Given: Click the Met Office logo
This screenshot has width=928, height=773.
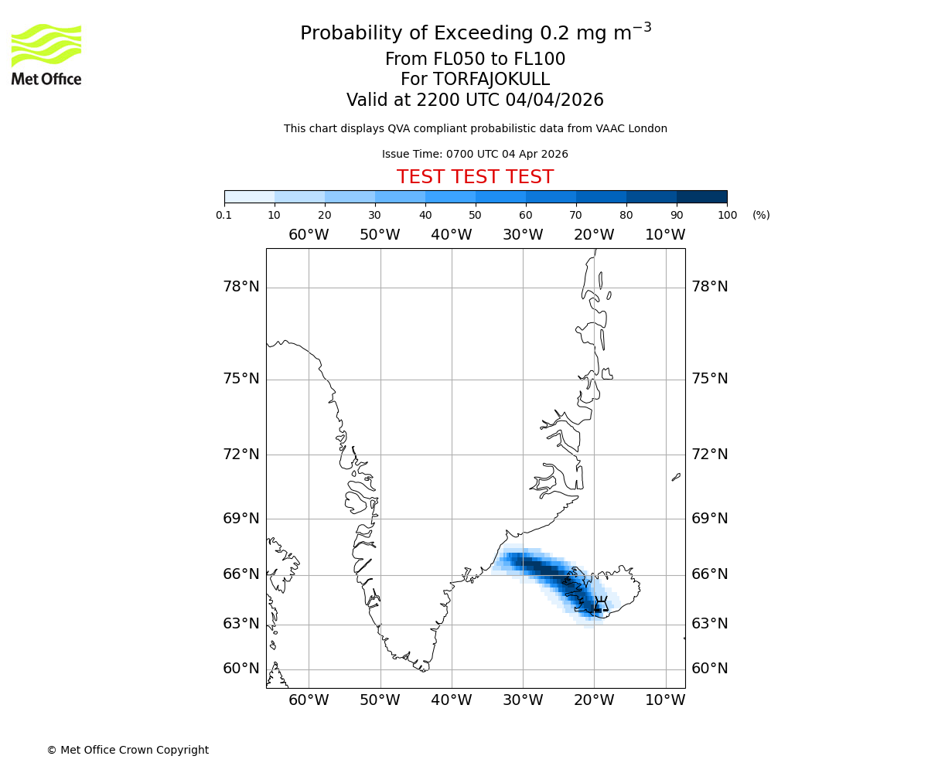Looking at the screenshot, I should click(46, 54).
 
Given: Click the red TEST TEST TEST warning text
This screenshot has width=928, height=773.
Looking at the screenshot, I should click(475, 177).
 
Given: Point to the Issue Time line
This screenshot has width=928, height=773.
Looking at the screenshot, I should click(475, 154).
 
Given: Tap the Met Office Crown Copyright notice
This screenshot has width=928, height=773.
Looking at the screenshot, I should click(128, 750).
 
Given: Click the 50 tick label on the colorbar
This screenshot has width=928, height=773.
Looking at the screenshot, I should click(475, 215).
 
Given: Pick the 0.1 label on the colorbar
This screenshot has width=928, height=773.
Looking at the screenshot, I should click(224, 215).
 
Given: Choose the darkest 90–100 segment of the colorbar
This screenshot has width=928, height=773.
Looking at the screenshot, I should click(701, 196).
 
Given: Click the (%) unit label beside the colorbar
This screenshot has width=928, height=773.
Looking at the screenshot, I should click(761, 215).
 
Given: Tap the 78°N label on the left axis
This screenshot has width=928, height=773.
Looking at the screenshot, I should click(241, 287).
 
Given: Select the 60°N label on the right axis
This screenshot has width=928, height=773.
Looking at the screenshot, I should click(709, 669).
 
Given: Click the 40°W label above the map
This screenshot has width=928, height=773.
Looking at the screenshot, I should click(451, 234).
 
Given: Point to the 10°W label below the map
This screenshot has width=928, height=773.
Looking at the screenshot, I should click(665, 700).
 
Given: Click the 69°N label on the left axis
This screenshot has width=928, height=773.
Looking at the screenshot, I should click(241, 518).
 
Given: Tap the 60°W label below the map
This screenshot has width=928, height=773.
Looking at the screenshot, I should click(309, 700).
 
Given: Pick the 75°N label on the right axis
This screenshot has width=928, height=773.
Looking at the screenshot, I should click(709, 379).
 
